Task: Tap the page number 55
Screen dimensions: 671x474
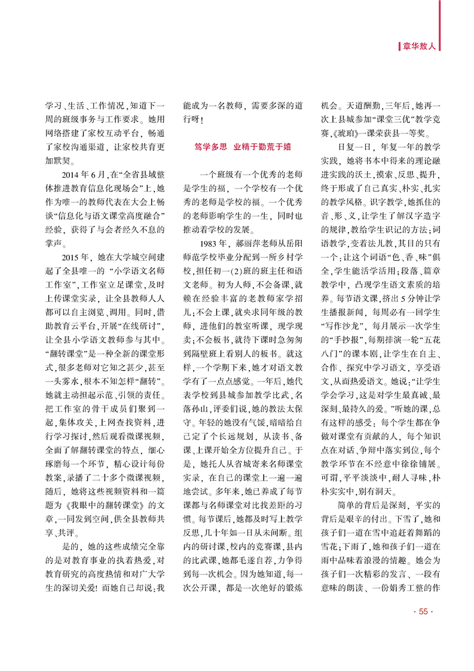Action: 422,628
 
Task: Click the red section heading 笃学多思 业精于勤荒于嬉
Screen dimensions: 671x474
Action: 244,146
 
